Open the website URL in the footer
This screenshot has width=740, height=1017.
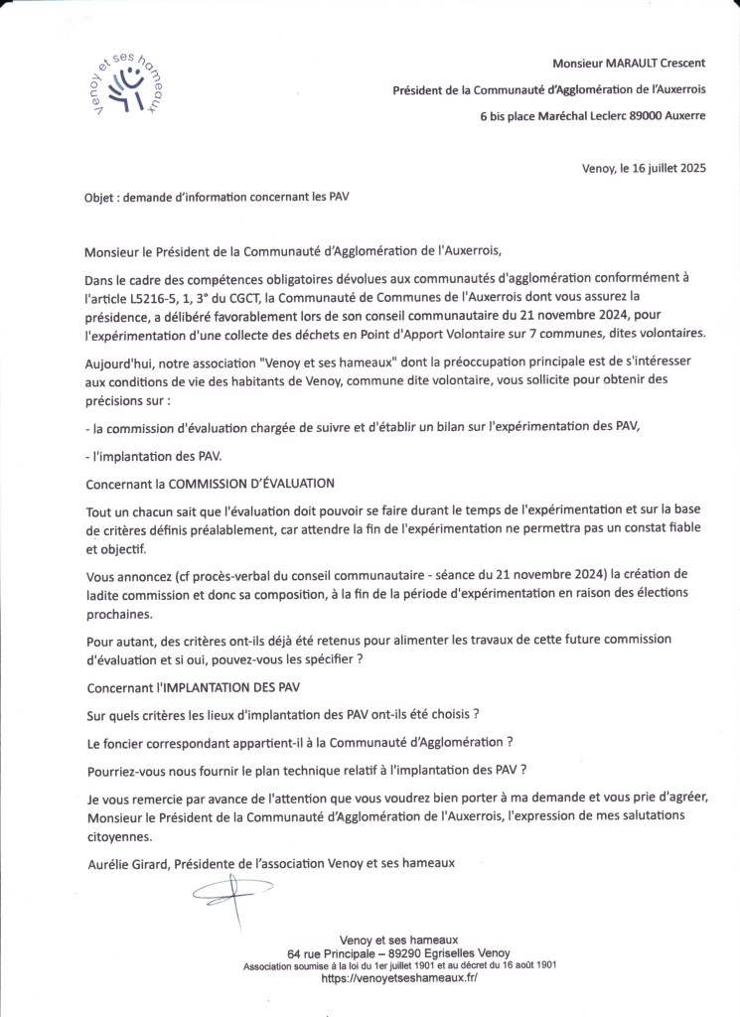pos(399,978)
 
